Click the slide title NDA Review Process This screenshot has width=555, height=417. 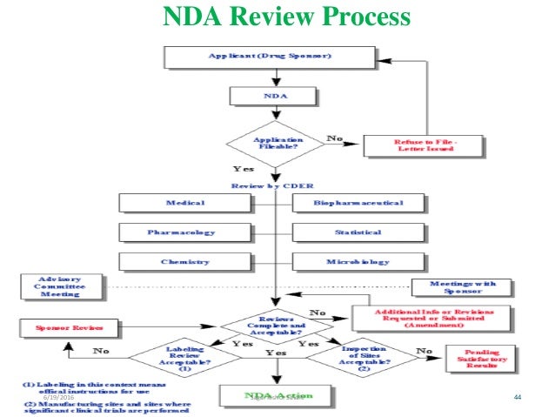click(x=277, y=17)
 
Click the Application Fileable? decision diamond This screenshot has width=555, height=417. click(x=277, y=144)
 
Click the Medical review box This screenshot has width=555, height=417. click(x=186, y=203)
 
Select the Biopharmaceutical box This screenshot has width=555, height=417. click(x=359, y=203)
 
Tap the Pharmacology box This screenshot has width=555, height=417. click(x=186, y=232)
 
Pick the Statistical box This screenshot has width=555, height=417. click(x=359, y=232)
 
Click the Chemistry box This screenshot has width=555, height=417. click(x=186, y=261)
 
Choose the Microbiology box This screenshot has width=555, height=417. click(x=359, y=261)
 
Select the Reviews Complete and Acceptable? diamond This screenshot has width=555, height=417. click(x=277, y=326)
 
